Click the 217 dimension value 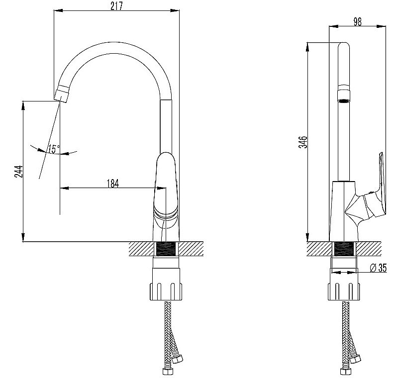tap(116, 6)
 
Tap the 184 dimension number tap(113, 183)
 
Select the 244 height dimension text tap(18, 172)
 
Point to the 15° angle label tap(54, 149)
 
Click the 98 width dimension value tap(357, 22)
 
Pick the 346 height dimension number tap(303, 142)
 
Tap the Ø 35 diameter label tap(378, 268)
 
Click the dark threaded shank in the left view tap(166, 249)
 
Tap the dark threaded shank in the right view tap(344, 249)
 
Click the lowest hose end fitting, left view tap(168, 371)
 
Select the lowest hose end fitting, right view tap(346, 371)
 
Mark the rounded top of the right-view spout tap(344, 45)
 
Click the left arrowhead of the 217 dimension tap(58, 10)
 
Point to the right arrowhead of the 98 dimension tap(381, 26)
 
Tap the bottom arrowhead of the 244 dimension tap(23, 237)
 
